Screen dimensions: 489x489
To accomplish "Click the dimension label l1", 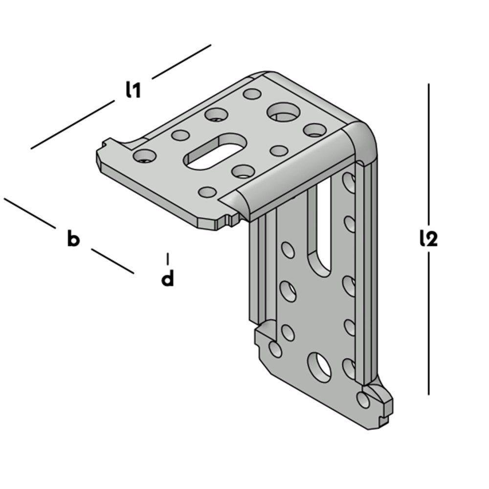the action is (133, 89).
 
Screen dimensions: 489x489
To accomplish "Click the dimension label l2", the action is (428, 239).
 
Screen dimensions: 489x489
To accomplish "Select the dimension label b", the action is (74, 239).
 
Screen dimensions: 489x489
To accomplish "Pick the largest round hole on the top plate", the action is (284, 112).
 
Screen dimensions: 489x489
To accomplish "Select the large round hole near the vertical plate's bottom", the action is (319, 368).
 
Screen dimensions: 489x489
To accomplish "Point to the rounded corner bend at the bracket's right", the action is (362, 141).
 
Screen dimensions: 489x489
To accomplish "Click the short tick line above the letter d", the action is (168, 259).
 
